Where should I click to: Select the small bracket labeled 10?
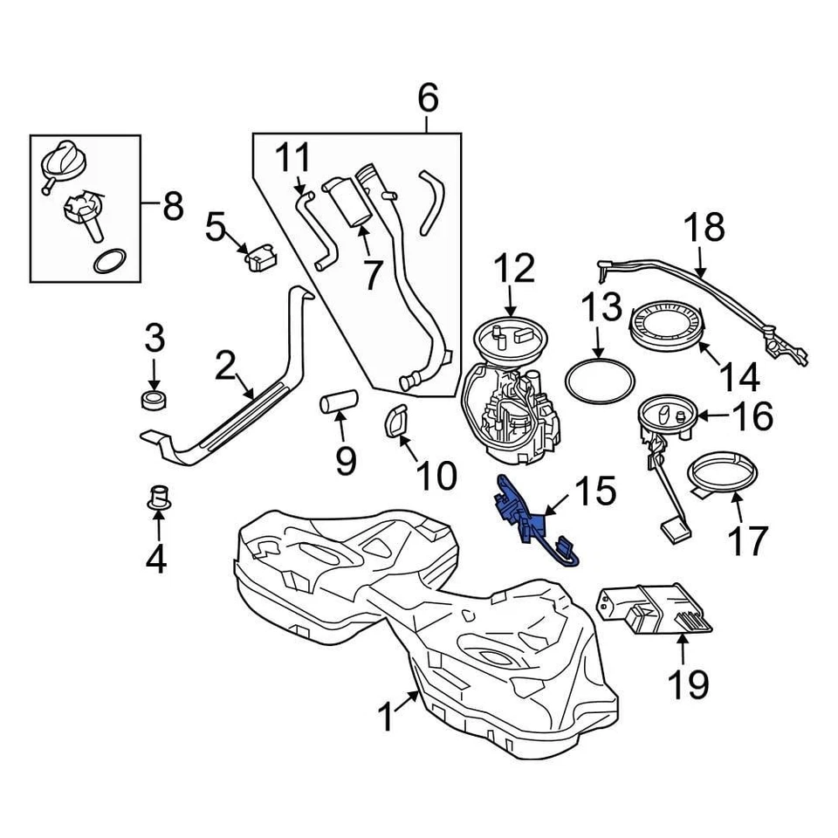pyautogui.click(x=396, y=422)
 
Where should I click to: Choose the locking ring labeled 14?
pyautogui.click(x=667, y=327)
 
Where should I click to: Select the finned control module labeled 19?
pyautogui.click(x=655, y=607)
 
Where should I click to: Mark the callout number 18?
pyautogui.click(x=704, y=228)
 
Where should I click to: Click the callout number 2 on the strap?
pyautogui.click(x=224, y=367)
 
